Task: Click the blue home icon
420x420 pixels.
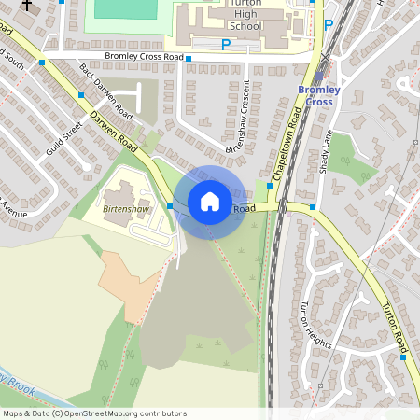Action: (x=210, y=201)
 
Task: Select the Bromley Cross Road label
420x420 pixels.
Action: (x=145, y=56)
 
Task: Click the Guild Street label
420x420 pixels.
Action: (x=68, y=148)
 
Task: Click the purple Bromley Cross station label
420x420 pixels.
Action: (x=319, y=95)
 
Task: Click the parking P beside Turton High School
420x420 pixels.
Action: (x=225, y=44)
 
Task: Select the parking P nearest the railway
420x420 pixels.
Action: (x=328, y=25)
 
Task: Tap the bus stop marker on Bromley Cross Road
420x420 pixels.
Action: (x=188, y=58)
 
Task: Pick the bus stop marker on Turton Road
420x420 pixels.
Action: (x=403, y=356)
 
